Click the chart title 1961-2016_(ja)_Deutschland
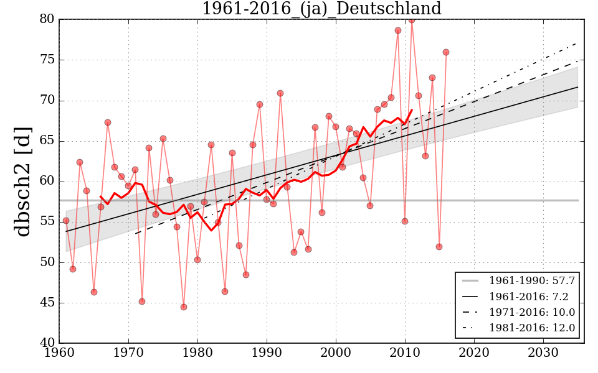coord(321,9)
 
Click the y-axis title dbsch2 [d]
coord(23,181)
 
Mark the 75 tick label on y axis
coord(47,60)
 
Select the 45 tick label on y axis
coord(47,303)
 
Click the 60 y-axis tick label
coord(47,182)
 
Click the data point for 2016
coord(446,52)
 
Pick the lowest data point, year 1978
coord(184,307)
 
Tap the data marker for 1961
coord(66,221)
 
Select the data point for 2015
coord(439,247)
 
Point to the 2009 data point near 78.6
coord(398,30)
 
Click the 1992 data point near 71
coord(280,93)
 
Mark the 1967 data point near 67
coord(108,122)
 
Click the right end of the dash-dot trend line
coord(577,42)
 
